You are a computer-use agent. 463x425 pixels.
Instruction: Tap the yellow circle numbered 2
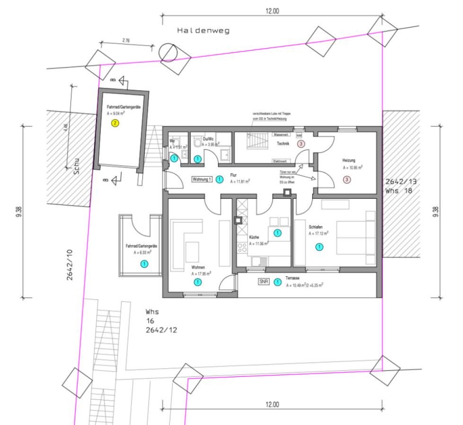coord(115,124)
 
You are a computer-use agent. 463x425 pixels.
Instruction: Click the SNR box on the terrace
coord(264,282)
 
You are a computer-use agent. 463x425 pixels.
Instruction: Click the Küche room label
coord(254,237)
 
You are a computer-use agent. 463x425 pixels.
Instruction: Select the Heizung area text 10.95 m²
coord(353,167)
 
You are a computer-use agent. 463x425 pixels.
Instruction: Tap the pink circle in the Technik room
coord(301,144)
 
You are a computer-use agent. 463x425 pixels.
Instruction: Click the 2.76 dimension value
coord(126,41)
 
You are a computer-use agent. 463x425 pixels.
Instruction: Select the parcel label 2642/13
coord(401,182)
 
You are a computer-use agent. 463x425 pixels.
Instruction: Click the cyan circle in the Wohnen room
coord(198,282)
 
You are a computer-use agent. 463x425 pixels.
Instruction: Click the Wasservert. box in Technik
coord(281,135)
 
